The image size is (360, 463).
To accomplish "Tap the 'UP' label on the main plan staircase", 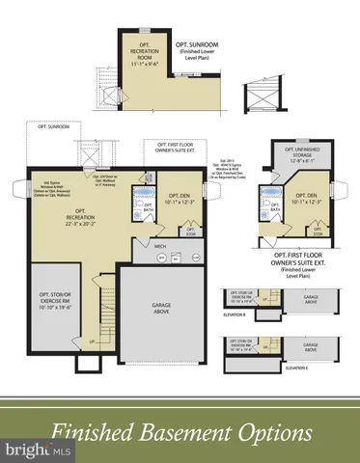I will pos(92,342).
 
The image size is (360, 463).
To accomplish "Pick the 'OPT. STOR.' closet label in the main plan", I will pos(191,231).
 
